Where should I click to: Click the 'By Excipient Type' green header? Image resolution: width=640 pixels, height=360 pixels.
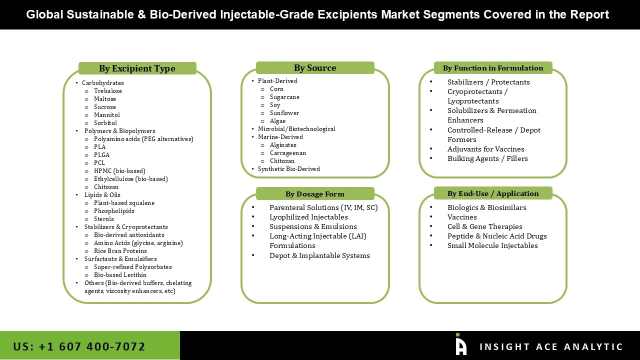(x=137, y=68)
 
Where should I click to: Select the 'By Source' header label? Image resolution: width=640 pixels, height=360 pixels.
(x=315, y=68)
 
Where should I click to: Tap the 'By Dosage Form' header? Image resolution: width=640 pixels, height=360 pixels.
(x=315, y=194)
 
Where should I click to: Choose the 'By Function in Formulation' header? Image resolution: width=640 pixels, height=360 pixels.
(x=493, y=68)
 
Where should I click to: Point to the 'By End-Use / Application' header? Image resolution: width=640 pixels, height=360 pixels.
(x=493, y=193)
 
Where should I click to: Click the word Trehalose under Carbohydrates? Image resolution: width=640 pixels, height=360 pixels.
(x=108, y=91)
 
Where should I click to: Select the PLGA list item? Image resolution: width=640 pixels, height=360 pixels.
(x=101, y=155)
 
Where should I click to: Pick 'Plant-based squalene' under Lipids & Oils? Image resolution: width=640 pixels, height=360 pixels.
(x=124, y=203)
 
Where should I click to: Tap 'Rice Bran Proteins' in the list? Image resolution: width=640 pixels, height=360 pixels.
(x=120, y=251)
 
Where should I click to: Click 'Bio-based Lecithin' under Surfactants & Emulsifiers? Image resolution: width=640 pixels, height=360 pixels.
(x=120, y=275)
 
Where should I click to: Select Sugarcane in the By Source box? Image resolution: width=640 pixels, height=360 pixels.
(x=284, y=97)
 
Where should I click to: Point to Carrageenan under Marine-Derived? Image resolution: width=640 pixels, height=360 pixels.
(x=288, y=153)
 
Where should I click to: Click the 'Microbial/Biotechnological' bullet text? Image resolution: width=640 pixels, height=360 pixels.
(x=296, y=129)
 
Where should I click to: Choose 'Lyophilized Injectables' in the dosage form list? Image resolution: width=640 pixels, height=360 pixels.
(x=308, y=217)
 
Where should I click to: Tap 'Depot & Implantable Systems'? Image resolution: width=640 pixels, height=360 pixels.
(x=319, y=255)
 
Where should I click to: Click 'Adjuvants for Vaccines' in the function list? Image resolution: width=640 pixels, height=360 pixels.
(x=486, y=149)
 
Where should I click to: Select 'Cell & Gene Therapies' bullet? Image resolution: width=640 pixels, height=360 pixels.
(x=485, y=226)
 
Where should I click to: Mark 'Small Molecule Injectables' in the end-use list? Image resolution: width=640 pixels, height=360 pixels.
(x=492, y=245)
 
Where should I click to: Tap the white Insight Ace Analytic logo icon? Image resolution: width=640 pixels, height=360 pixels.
(x=460, y=345)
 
